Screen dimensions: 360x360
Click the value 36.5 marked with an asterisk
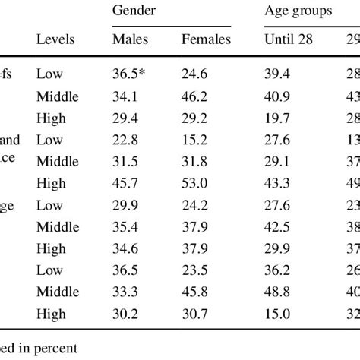click(x=131, y=74)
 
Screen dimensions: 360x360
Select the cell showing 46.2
click(x=197, y=96)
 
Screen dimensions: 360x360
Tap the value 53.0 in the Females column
click(x=197, y=183)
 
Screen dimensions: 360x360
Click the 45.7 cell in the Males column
click(x=126, y=183)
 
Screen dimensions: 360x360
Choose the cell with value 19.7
click(x=278, y=118)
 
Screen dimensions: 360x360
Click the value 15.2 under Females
click(x=197, y=140)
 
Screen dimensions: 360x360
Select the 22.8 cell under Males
click(x=126, y=140)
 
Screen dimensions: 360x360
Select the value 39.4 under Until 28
click(x=278, y=74)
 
